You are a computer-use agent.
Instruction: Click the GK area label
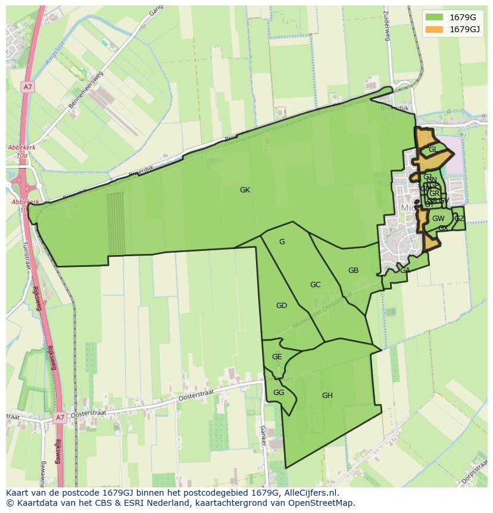(245, 190)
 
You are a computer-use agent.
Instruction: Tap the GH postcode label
(327, 396)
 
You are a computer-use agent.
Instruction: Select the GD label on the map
(282, 306)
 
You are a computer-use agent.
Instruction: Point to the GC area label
(316, 285)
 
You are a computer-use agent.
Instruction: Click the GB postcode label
(353, 271)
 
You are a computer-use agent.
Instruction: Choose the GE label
(277, 357)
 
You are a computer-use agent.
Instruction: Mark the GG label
(279, 393)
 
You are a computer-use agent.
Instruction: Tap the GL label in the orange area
(433, 150)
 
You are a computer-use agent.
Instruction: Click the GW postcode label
(438, 219)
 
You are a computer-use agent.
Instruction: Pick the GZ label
(459, 219)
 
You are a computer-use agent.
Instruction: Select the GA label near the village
(405, 271)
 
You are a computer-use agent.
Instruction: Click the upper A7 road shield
(27, 87)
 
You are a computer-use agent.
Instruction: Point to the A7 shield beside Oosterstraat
(60, 418)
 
